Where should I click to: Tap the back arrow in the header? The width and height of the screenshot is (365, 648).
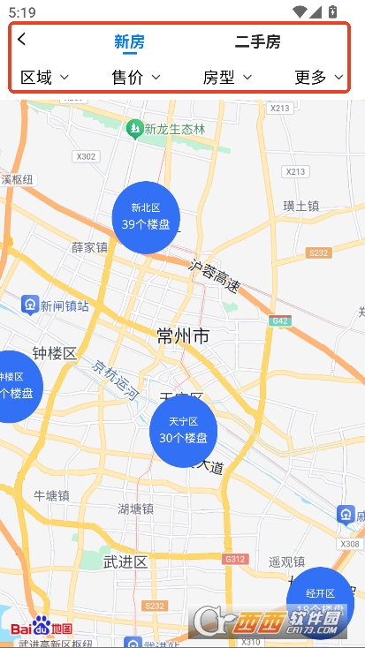(22, 39)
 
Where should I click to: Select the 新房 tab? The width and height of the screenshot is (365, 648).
(129, 41)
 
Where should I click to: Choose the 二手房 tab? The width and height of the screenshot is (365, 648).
(257, 41)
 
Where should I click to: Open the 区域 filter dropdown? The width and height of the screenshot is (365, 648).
(44, 78)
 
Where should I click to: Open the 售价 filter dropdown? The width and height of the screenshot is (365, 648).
(135, 78)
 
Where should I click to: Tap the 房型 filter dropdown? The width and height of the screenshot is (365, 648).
(227, 78)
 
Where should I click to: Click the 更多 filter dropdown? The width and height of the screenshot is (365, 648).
(318, 78)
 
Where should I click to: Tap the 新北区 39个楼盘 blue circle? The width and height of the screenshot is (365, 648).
(146, 217)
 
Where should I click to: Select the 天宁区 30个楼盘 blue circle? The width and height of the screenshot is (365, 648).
(183, 431)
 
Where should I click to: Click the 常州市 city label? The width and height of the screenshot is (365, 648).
(183, 335)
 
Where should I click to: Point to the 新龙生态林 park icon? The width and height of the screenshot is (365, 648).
(134, 129)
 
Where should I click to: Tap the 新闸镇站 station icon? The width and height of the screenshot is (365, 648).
(30, 305)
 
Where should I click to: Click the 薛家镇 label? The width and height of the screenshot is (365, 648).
(89, 248)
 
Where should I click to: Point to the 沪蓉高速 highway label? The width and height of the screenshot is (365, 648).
(215, 275)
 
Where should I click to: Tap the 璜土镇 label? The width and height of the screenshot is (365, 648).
(301, 206)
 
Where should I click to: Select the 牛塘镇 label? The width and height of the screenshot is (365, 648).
(51, 495)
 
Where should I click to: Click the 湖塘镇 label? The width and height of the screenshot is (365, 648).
(136, 509)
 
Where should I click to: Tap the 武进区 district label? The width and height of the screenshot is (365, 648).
(125, 561)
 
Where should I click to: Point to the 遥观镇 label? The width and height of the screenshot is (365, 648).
(286, 561)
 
